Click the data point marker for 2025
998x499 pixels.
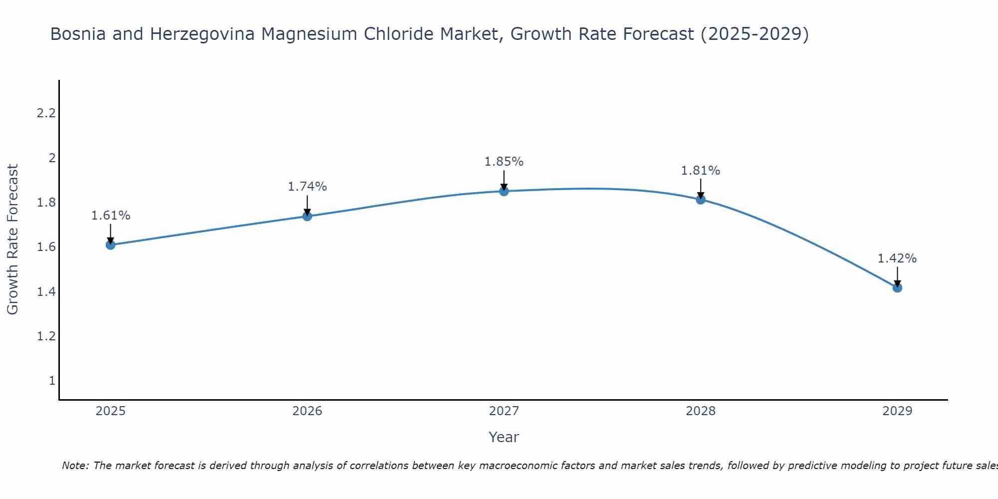pyautogui.click(x=111, y=245)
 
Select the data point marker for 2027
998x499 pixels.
pyautogui.click(x=504, y=191)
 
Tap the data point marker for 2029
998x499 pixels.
pyautogui.click(x=897, y=288)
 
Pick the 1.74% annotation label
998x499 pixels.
pyautogui.click(x=307, y=187)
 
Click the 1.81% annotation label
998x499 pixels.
pyautogui.click(x=701, y=171)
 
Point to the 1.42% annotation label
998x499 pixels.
pyautogui.click(x=897, y=258)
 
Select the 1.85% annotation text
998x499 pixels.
pyautogui.click(x=504, y=162)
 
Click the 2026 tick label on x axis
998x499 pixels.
pyautogui.click(x=307, y=411)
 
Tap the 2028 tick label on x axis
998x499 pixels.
pyautogui.click(x=701, y=411)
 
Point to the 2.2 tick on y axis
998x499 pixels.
pyautogui.click(x=46, y=113)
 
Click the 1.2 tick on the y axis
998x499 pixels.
pyautogui.click(x=46, y=336)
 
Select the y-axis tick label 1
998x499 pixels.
pyautogui.click(x=52, y=381)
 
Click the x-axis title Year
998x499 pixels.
pyautogui.click(x=504, y=437)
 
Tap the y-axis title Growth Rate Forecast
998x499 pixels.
pyautogui.click(x=13, y=240)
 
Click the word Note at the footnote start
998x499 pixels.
pyautogui.click(x=75, y=466)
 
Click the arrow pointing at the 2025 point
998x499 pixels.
pyautogui.click(x=111, y=233)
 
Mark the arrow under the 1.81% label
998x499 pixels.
pyautogui.click(x=701, y=188)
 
